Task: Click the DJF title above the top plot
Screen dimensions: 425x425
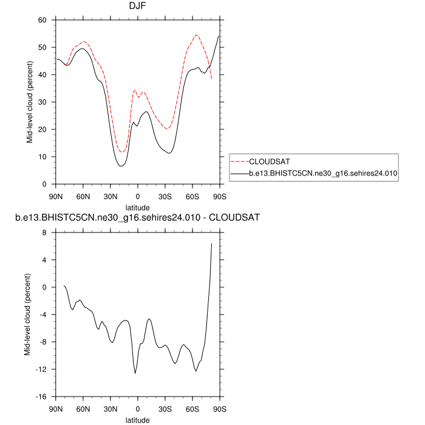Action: coord(137,8)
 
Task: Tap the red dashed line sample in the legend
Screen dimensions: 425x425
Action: coord(240,162)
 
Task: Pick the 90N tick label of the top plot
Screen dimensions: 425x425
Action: coord(55,197)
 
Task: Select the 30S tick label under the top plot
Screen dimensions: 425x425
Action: coord(165,197)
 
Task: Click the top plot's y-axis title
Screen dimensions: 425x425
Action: coord(29,102)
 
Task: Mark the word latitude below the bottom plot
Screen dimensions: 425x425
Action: coord(137,420)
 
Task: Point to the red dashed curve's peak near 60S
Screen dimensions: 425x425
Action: coord(197,35)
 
